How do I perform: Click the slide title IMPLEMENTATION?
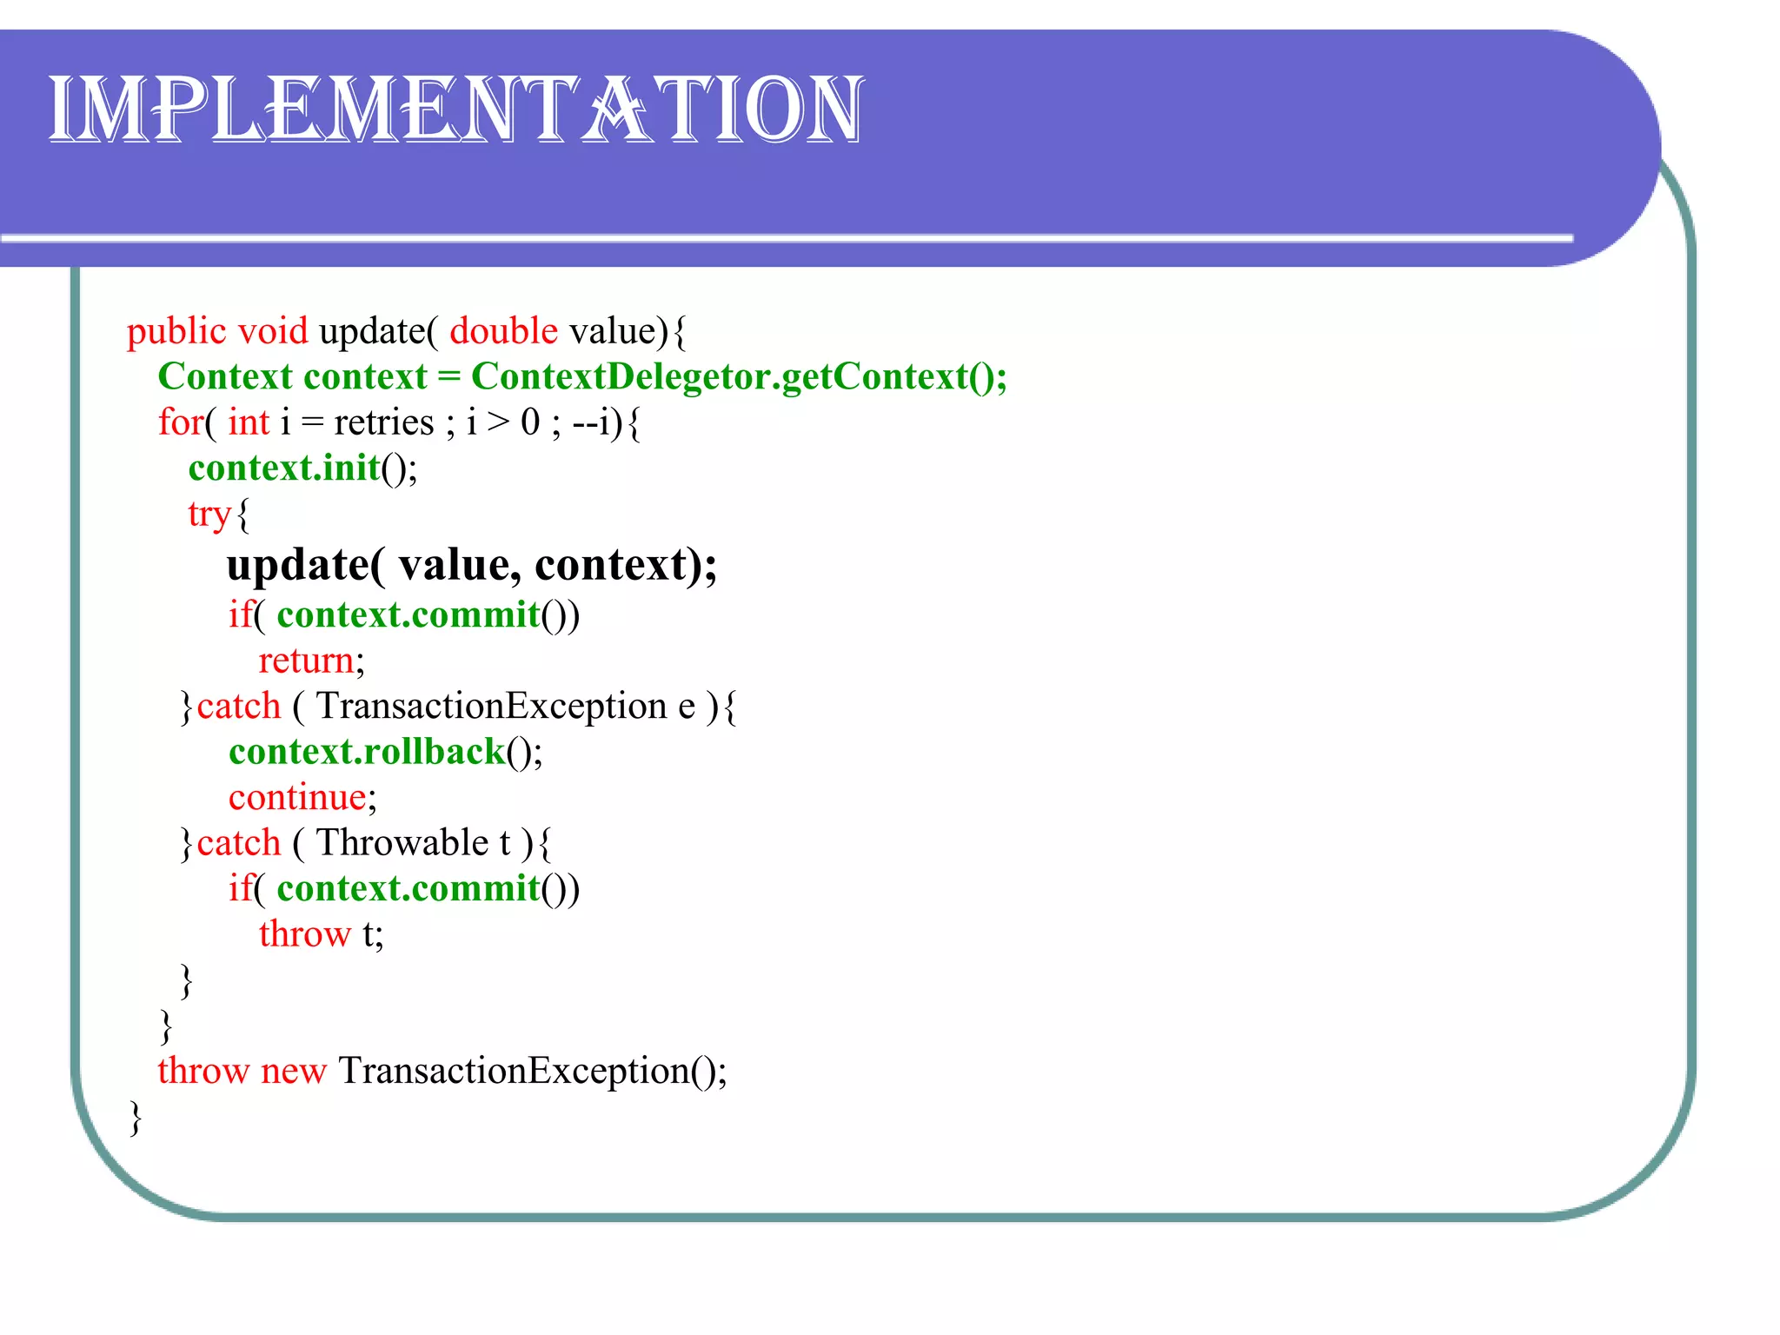click(455, 110)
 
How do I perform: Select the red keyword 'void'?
click(273, 332)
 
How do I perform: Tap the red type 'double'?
click(503, 332)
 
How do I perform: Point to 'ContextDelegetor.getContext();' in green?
click(739, 377)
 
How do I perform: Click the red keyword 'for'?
click(180, 423)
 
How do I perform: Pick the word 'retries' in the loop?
click(383, 423)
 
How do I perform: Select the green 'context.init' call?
click(284, 468)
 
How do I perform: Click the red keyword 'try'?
click(209, 515)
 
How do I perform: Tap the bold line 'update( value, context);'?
click(472, 565)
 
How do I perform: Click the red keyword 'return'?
click(306, 661)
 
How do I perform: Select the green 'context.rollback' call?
click(367, 752)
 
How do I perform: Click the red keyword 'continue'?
click(297, 798)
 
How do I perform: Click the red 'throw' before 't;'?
click(304, 934)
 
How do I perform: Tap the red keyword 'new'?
click(293, 1071)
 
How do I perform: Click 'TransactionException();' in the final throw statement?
click(532, 1071)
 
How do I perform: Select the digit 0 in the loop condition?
click(530, 423)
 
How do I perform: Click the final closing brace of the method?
click(136, 1118)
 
